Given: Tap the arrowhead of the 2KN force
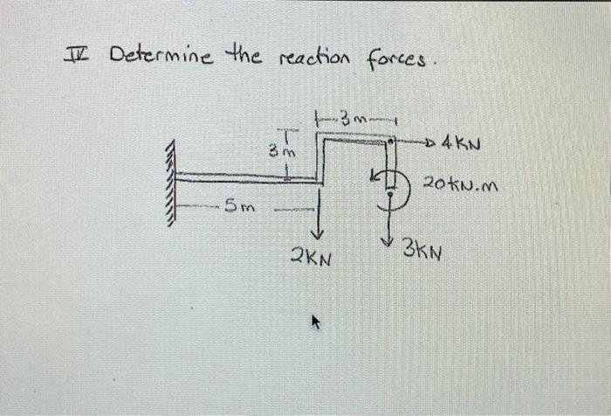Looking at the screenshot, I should pyautogui.click(x=319, y=233).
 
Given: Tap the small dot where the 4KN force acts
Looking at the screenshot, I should pyautogui.click(x=395, y=140).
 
